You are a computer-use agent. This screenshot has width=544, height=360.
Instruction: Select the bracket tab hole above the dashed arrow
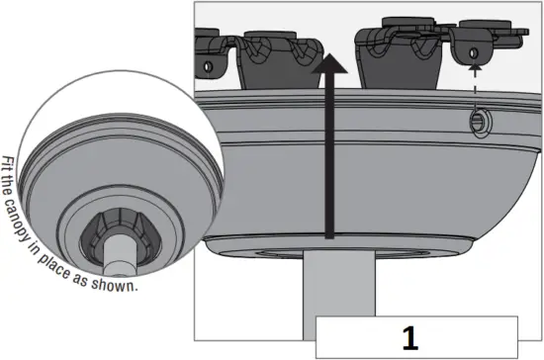point(477,49)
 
